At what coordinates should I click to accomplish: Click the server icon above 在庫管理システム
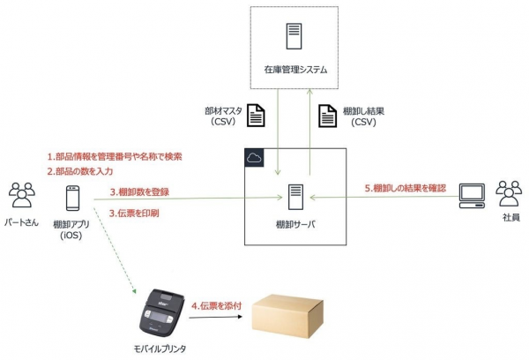click(x=291, y=37)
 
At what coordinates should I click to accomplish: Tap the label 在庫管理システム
click(x=291, y=69)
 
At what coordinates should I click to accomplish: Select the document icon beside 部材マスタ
click(x=254, y=116)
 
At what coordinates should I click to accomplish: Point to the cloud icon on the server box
click(x=254, y=157)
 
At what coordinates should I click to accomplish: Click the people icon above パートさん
click(x=19, y=193)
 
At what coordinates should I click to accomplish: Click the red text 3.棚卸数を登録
click(x=139, y=191)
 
